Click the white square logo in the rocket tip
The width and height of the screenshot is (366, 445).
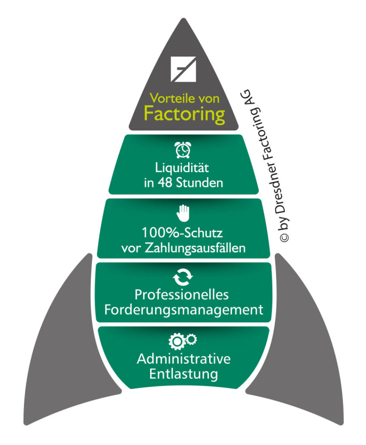point(183,69)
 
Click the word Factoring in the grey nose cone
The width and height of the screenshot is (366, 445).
point(184,114)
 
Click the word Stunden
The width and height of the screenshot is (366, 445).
point(201,183)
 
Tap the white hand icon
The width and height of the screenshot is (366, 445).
point(183,213)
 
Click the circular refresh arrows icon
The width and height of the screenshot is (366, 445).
point(183,277)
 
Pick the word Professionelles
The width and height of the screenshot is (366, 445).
point(181,295)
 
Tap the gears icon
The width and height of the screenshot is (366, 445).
point(183,341)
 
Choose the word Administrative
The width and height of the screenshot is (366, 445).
point(183,359)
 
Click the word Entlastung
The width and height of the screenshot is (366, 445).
point(183,374)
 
